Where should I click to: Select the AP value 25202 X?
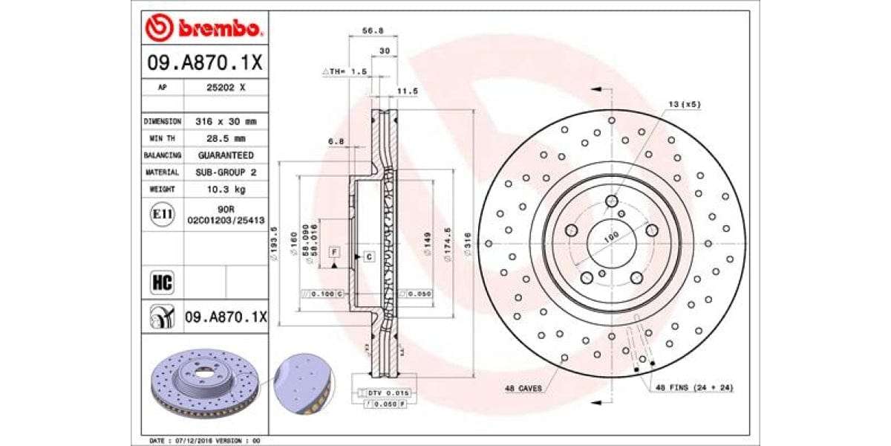click(225, 87)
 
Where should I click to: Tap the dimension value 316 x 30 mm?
click(225, 121)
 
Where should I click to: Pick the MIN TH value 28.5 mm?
click(225, 138)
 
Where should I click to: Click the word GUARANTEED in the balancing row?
click(225, 155)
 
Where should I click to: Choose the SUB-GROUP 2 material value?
click(225, 172)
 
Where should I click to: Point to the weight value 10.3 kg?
click(225, 189)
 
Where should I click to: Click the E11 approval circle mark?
click(162, 215)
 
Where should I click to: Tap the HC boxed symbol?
click(162, 282)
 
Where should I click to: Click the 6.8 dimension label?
click(335, 140)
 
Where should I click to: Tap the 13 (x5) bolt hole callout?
click(684, 105)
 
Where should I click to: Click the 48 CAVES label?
click(523, 389)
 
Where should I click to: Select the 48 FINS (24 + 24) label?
click(693, 388)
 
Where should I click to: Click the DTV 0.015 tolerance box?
click(388, 392)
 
